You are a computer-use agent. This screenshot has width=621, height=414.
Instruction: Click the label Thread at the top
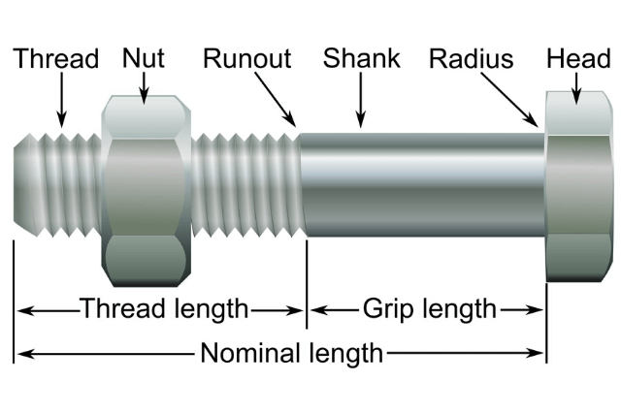pos(56,58)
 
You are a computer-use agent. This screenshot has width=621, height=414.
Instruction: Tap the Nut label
pos(144,58)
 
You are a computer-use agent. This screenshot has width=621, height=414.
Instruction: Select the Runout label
pos(246,58)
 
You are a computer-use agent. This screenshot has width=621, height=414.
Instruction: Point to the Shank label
pos(362,58)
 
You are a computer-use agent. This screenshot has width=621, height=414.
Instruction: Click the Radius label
pos(472,59)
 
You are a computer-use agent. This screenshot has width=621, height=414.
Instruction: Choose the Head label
pos(578,58)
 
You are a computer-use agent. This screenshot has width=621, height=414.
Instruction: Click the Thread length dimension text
pos(163,309)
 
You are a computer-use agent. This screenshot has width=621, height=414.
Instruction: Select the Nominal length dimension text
pos(291,353)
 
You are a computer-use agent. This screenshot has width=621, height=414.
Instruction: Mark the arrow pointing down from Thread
pos(61,101)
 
